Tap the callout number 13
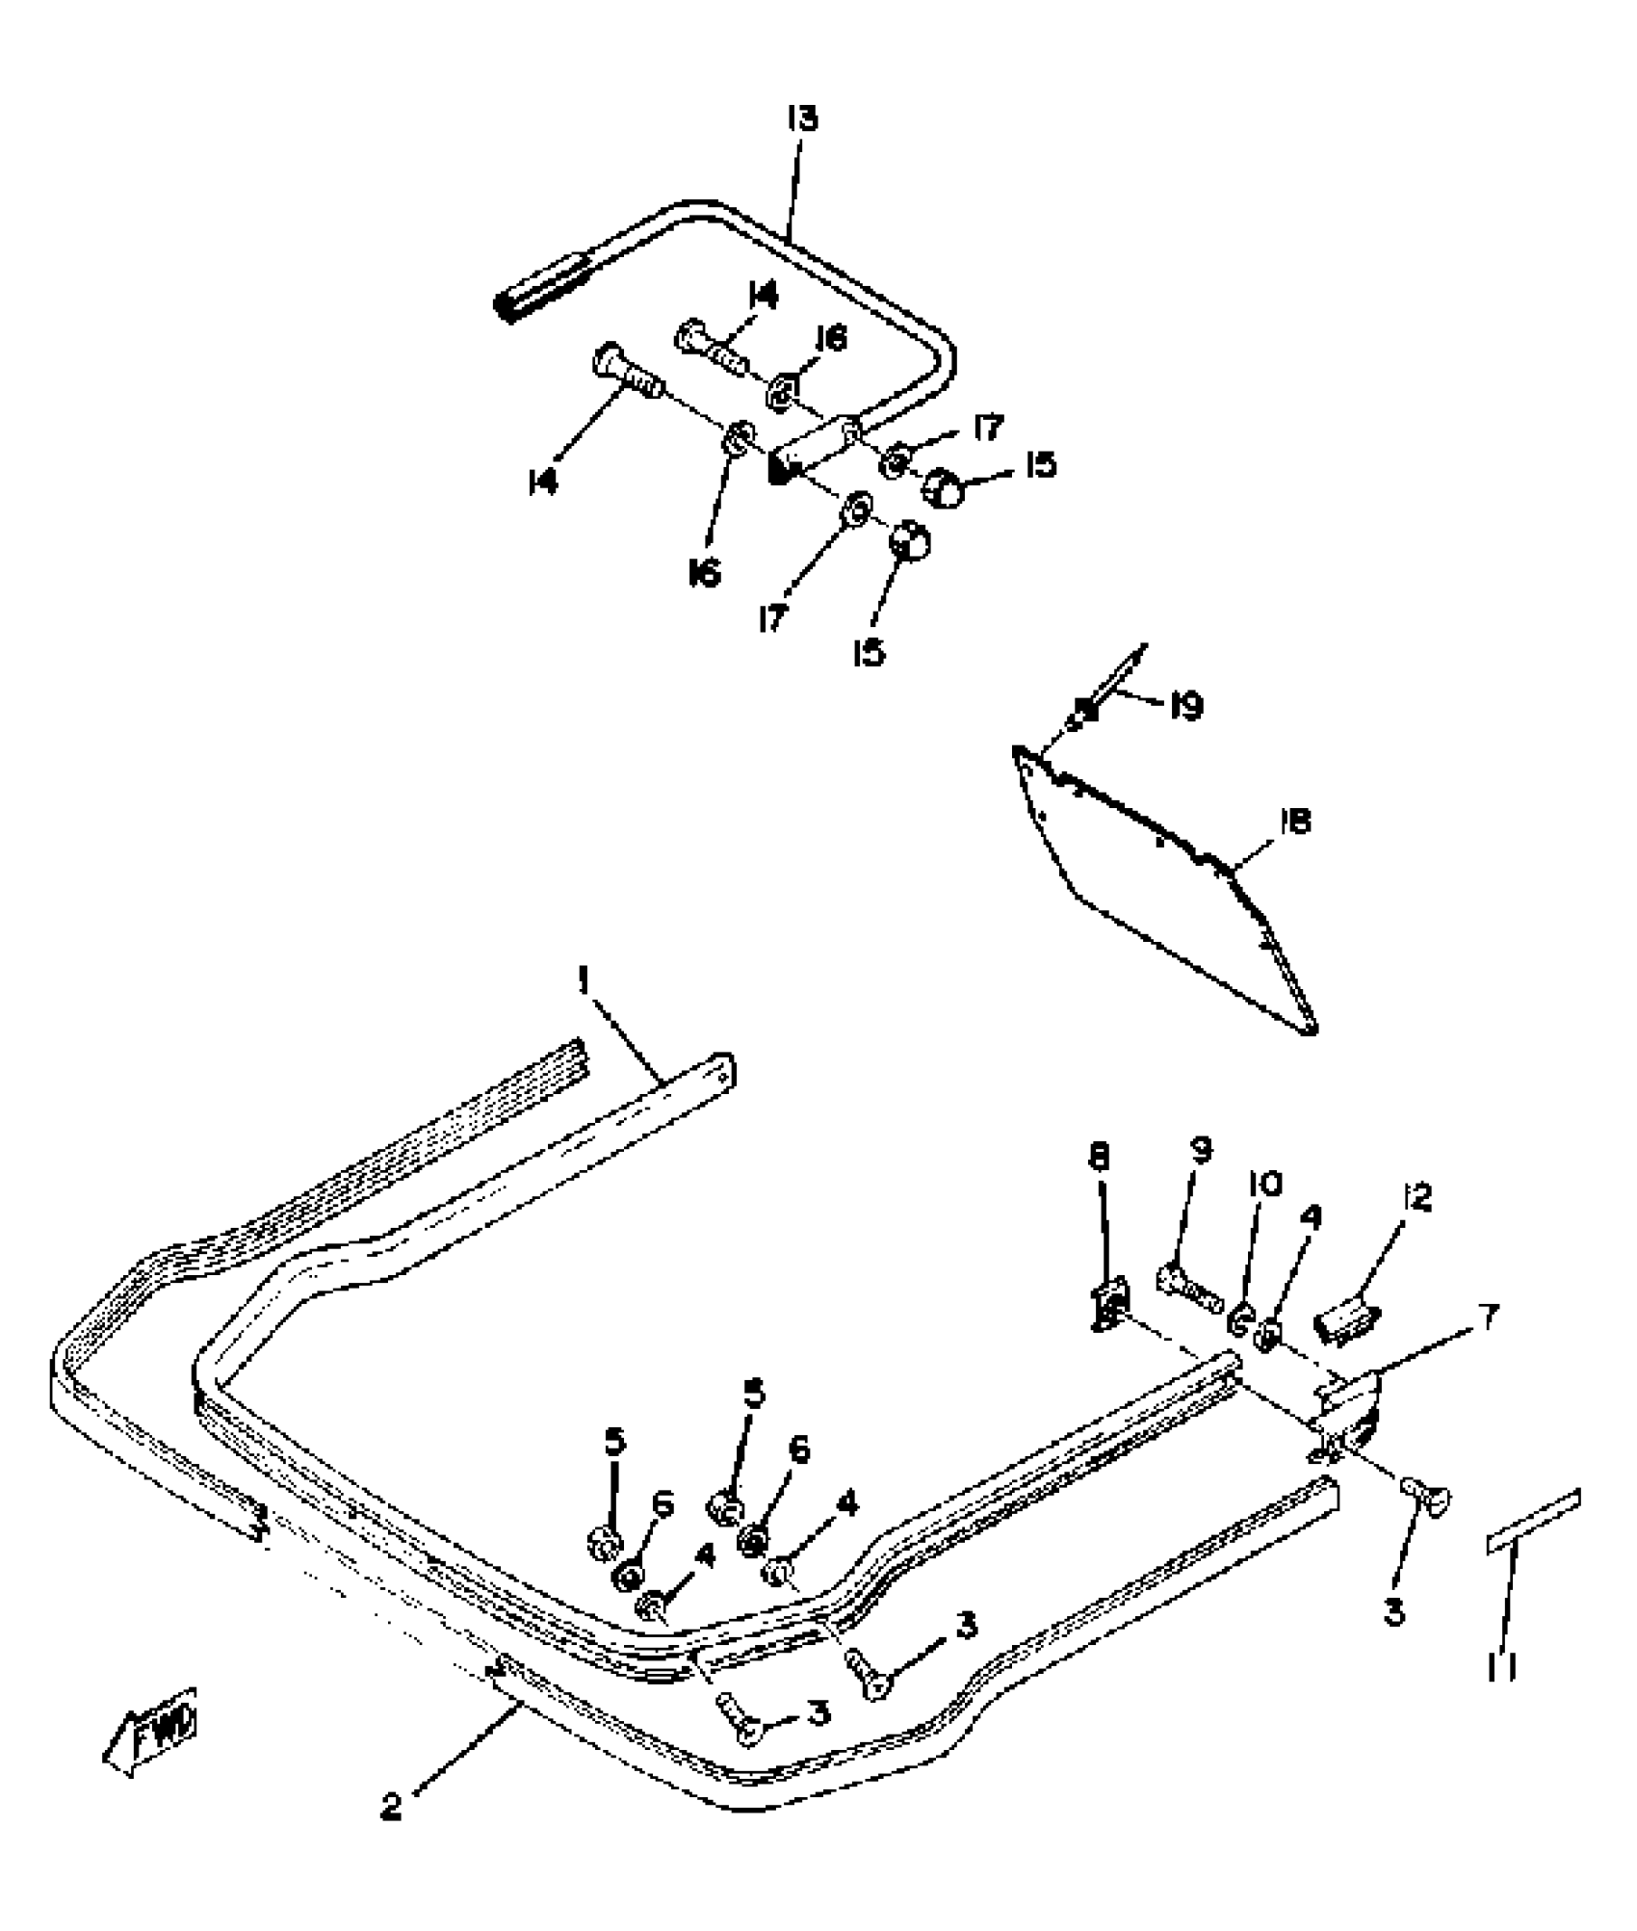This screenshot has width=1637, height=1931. (801, 119)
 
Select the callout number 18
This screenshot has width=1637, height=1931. (1296, 822)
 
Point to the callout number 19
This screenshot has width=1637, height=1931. (1185, 707)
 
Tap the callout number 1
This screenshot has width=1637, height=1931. (583, 981)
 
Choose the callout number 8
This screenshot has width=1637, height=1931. (1100, 1157)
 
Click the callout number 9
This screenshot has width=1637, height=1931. (1202, 1149)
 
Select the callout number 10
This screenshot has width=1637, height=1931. (1266, 1183)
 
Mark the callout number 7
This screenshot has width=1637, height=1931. (1487, 1318)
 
